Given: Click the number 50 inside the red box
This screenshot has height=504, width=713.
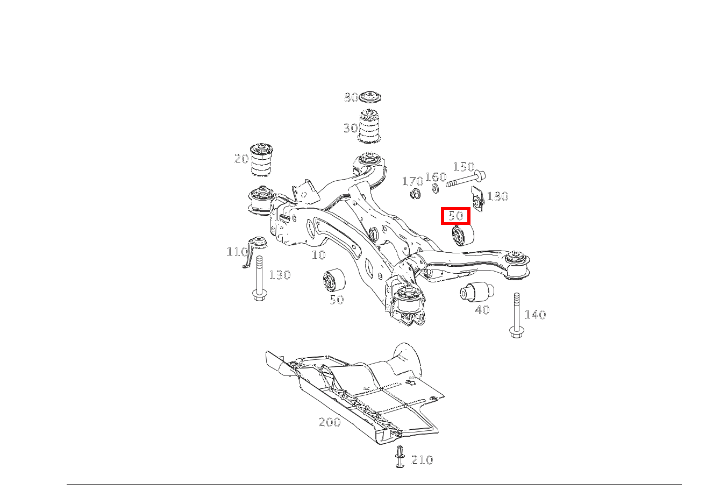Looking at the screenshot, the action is click(455, 216).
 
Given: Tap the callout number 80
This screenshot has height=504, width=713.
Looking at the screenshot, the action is click(351, 97).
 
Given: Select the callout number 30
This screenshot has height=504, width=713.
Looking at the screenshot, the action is click(351, 129).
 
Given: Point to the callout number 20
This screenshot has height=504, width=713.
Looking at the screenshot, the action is click(241, 159).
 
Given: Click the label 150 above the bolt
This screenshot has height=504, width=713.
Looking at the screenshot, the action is click(464, 167).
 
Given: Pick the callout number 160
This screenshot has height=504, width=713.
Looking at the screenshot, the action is click(436, 177).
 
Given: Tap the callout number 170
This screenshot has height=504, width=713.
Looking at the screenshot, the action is click(412, 181).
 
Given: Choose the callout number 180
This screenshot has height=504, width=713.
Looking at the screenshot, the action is click(498, 196).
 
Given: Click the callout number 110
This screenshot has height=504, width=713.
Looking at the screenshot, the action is click(237, 252).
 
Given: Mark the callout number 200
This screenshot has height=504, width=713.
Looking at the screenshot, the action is click(330, 422).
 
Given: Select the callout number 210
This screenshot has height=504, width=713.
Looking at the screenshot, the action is click(422, 460).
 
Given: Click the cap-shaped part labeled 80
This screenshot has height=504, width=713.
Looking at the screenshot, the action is click(370, 97).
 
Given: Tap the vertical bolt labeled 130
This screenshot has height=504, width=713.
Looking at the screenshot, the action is click(259, 278).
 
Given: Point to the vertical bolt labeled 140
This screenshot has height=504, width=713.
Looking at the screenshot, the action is click(516, 315).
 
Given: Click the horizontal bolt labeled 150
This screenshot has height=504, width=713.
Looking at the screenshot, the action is click(466, 179).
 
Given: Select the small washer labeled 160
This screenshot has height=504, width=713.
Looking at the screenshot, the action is click(435, 188).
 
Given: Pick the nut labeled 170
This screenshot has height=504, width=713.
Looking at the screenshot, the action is click(415, 194).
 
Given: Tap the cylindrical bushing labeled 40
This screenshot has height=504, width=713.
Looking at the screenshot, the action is click(477, 292).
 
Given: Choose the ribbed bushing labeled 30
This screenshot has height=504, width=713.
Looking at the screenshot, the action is click(369, 126).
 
